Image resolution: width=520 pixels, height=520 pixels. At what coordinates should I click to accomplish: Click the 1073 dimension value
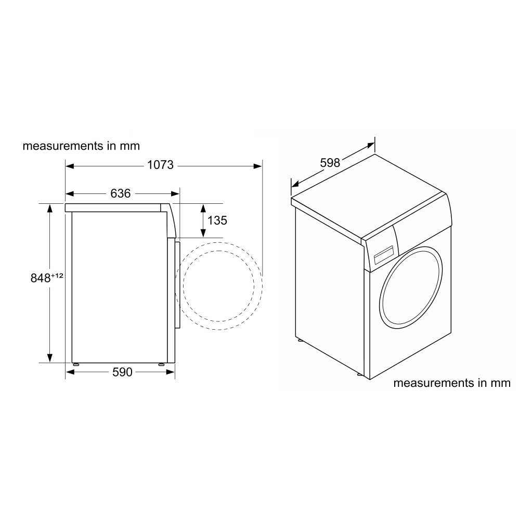tap(161, 165)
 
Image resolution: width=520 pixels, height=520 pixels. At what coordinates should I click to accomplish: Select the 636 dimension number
tap(121, 193)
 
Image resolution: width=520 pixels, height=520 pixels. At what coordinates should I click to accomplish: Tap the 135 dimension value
tap(217, 220)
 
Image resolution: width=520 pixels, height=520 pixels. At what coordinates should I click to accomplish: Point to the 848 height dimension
tap(41, 278)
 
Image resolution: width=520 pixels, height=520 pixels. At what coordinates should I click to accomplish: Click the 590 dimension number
tap(122, 372)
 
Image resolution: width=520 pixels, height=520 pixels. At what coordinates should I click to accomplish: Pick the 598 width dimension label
tap(330, 163)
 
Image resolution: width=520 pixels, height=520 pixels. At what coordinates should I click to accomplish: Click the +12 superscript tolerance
tap(57, 275)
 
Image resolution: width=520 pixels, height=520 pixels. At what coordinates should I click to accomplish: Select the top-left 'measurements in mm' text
tap(81, 146)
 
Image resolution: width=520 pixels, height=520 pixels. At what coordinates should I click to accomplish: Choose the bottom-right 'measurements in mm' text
tap(452, 383)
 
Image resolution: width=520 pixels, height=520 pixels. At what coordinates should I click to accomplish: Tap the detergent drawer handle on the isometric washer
tap(383, 256)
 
